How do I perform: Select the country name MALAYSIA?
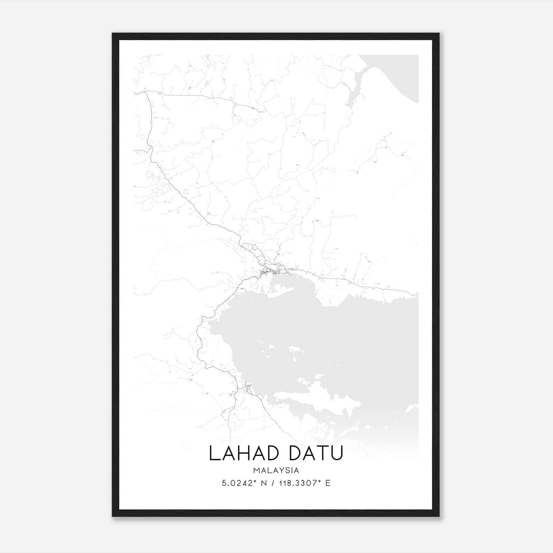click(x=276, y=470)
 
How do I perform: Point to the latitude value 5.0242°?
click(x=238, y=483)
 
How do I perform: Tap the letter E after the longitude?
click(x=328, y=483)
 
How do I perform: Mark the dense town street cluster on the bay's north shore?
click(x=273, y=270)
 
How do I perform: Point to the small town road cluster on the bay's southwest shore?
click(x=246, y=389)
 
